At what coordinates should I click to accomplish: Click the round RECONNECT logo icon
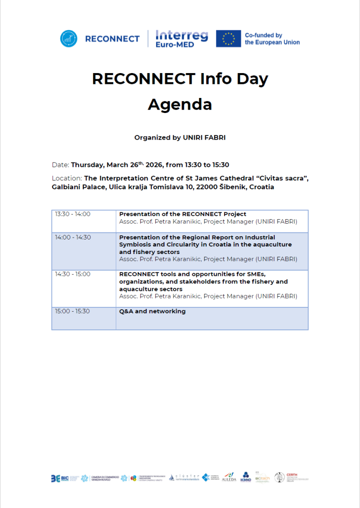click(x=68, y=38)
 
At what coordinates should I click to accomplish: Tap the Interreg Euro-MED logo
click(x=181, y=38)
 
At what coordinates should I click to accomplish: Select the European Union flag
click(x=228, y=38)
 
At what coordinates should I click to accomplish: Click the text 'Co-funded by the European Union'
click(x=272, y=38)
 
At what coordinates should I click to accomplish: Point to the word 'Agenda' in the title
click(x=180, y=104)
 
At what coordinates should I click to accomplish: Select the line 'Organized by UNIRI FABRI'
click(x=180, y=138)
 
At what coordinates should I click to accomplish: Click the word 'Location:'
click(x=67, y=179)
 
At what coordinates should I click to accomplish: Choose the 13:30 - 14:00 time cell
click(x=73, y=214)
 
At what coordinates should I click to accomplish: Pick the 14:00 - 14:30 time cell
click(x=73, y=238)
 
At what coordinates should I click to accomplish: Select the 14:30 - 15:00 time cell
click(x=73, y=274)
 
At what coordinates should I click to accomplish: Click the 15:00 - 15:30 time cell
click(x=73, y=311)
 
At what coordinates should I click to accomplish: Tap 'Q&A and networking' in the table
click(x=152, y=311)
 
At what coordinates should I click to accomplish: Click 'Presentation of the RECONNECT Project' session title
click(x=183, y=214)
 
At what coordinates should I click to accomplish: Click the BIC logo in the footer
click(x=60, y=478)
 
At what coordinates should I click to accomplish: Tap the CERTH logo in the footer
click(x=291, y=478)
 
